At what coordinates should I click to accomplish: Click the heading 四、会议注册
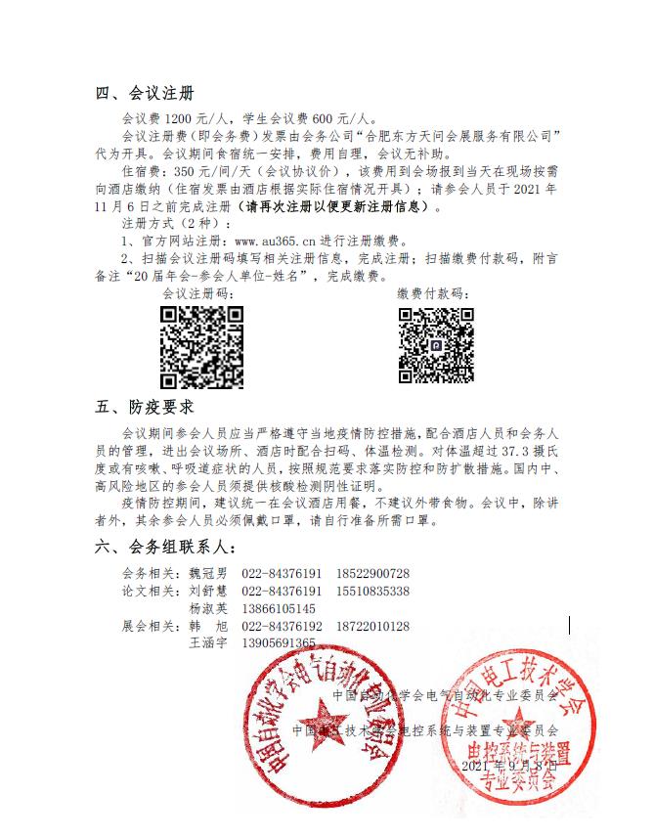[145, 95]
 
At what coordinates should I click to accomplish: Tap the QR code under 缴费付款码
[436, 346]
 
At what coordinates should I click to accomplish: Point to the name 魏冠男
[207, 574]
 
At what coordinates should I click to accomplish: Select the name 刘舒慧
[207, 592]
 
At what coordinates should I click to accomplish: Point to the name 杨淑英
[207, 608]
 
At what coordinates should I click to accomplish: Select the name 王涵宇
[207, 643]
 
